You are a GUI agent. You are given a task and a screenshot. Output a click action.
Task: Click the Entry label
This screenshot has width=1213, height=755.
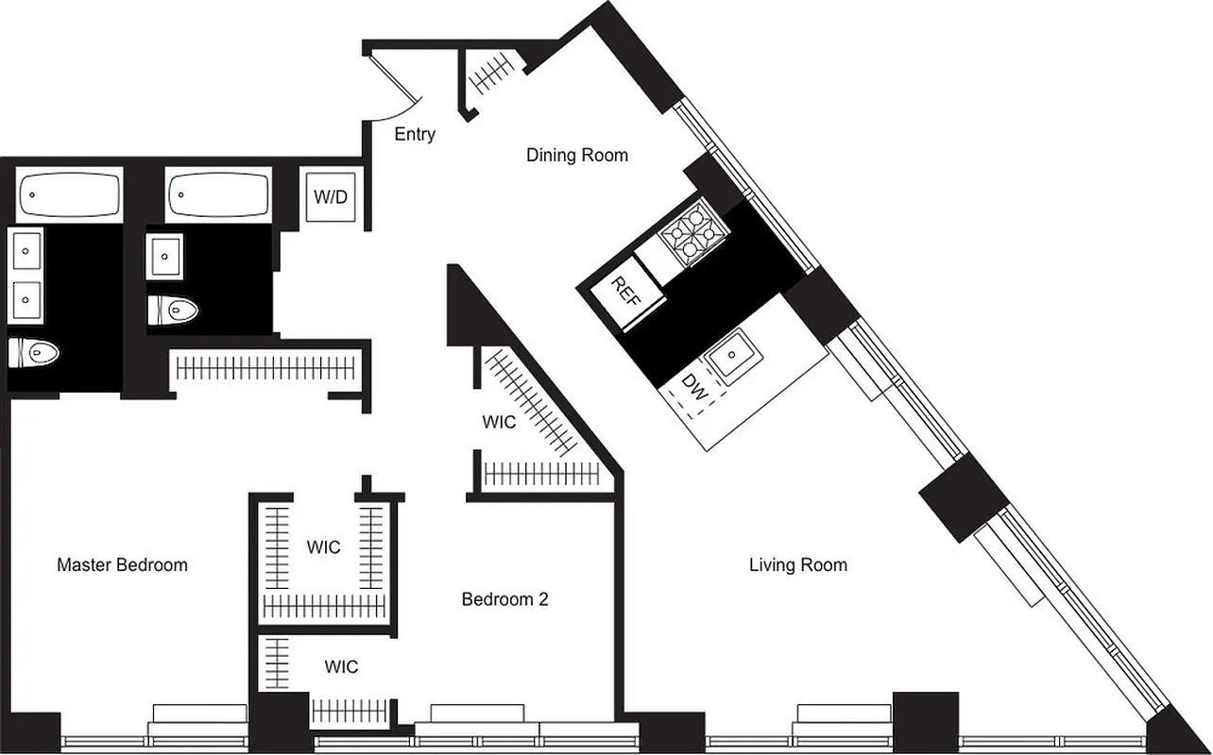pos(415,134)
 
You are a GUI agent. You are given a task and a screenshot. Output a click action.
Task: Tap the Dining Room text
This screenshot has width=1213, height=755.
pos(576,155)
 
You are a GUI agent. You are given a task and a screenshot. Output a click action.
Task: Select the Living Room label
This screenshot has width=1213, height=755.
pos(797,565)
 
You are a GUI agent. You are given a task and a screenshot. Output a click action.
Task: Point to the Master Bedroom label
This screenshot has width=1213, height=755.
pos(122,565)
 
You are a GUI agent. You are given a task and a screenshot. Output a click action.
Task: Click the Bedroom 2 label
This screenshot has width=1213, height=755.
pos(504,599)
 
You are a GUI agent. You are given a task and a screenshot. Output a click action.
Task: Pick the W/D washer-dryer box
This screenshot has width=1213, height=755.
pos(330,197)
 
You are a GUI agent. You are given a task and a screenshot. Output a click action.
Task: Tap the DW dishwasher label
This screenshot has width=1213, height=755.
pos(694,388)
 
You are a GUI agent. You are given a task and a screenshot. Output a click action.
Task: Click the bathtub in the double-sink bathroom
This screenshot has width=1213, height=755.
pos(69,195)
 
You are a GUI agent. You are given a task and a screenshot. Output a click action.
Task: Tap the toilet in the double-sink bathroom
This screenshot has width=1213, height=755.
pos(34,353)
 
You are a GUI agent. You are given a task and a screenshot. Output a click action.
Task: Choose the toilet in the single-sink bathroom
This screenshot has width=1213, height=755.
pos(173,309)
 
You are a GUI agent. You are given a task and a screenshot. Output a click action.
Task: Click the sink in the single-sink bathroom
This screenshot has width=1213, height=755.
pos(164,256)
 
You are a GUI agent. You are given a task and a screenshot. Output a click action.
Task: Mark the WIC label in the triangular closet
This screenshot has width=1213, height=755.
pos(499,422)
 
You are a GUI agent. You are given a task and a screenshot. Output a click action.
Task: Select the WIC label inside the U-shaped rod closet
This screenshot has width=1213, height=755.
pos(323,547)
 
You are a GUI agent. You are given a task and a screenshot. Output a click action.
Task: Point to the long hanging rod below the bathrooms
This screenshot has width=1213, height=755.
pos(266,368)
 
